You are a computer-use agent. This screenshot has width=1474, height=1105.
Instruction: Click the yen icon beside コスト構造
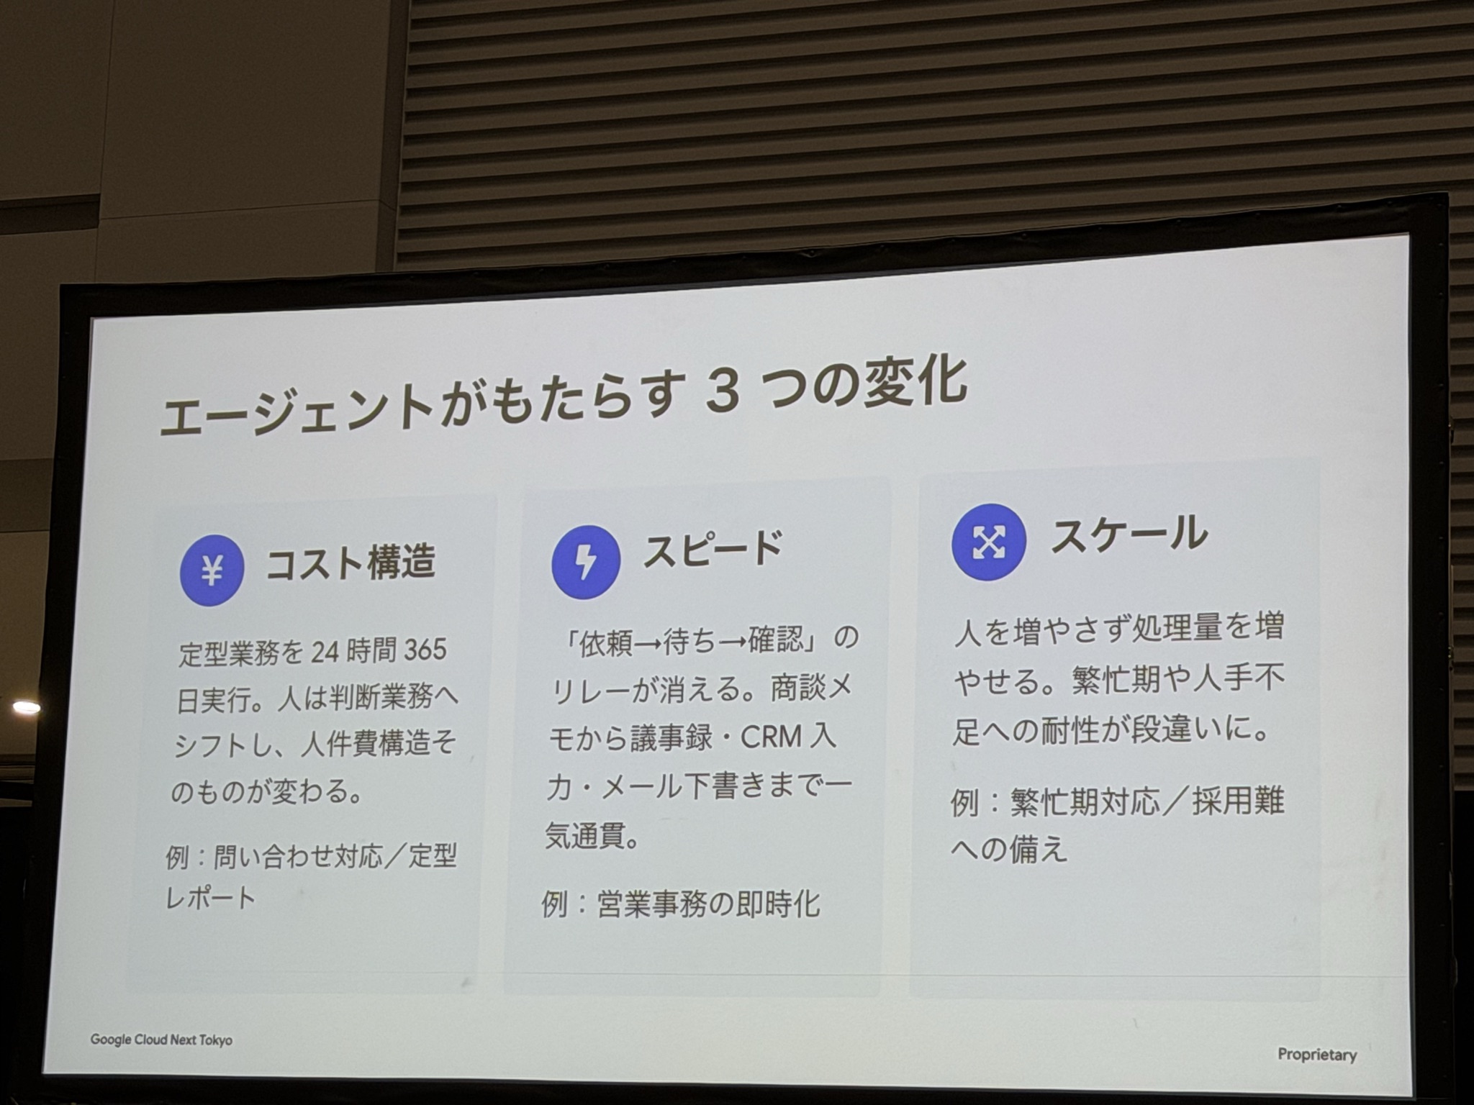click(x=212, y=572)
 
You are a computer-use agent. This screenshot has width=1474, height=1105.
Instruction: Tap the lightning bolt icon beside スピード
click(x=586, y=562)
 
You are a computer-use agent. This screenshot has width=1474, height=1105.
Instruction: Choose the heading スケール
click(x=1129, y=535)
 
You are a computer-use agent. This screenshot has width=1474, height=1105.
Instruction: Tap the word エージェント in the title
click(x=296, y=411)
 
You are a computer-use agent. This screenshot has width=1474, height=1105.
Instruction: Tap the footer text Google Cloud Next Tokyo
click(x=161, y=1040)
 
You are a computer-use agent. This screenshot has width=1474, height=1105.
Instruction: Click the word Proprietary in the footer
click(x=1317, y=1055)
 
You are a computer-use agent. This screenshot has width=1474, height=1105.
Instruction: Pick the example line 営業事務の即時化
click(x=709, y=904)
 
